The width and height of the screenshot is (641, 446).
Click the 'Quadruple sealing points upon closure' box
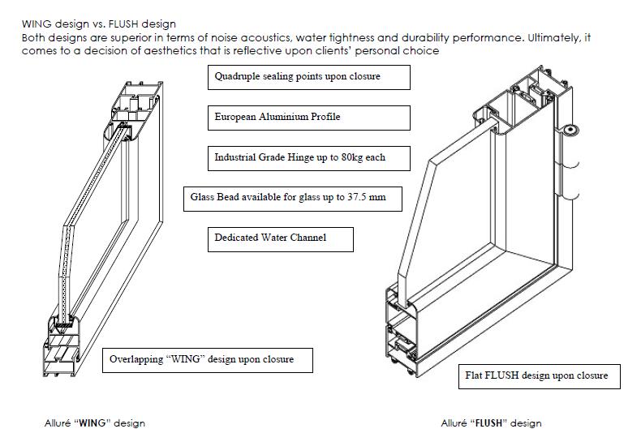click(x=308, y=77)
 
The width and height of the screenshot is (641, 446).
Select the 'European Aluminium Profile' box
click(x=308, y=118)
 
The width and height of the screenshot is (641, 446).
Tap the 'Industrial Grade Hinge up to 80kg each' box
click(x=308, y=157)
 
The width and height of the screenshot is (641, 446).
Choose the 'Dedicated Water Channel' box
click(x=280, y=238)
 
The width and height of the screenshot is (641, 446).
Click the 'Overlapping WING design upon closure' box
click(x=208, y=359)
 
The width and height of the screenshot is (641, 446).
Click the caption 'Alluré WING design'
click(x=95, y=423)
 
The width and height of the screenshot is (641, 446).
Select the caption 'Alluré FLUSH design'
click(x=491, y=423)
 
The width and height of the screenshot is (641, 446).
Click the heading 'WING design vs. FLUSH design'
click(x=99, y=25)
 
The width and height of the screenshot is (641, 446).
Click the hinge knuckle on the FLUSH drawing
click(x=570, y=130)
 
